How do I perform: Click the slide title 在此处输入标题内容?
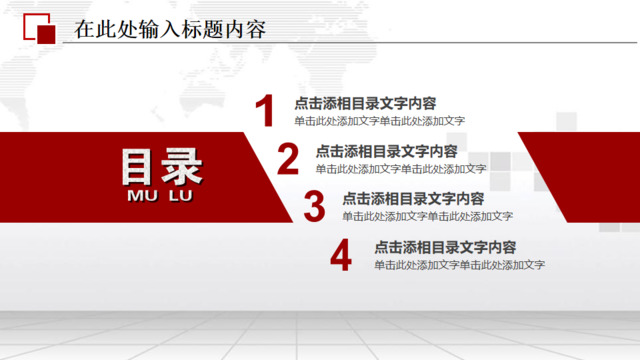point(171,29)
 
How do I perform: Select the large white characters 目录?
point(161,168)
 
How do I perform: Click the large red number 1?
point(264,111)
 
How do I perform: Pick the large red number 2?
point(288,159)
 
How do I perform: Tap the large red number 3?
point(314,207)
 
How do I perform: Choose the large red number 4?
point(341,255)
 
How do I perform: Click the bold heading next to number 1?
point(365,103)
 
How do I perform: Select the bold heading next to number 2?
point(387,151)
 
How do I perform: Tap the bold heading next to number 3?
point(413,199)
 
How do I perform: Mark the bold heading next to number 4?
point(445,247)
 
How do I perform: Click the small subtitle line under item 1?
point(379,121)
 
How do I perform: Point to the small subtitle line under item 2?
point(401,169)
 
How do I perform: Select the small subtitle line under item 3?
point(427,216)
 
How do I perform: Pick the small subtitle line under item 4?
point(459,265)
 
